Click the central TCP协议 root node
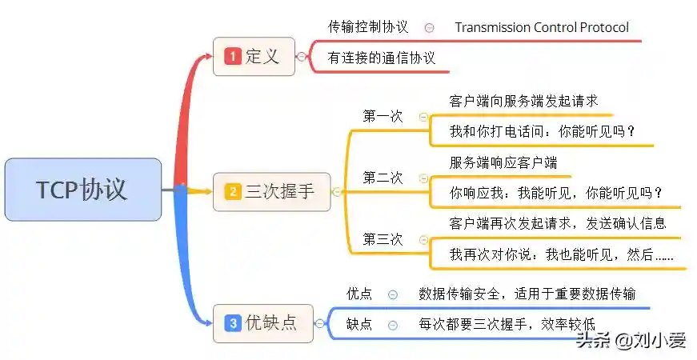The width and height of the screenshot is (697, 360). click(82, 190)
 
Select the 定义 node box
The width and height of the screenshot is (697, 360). click(254, 57)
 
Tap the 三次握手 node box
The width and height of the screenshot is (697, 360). click(271, 191)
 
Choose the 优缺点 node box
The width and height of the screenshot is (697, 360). click(262, 323)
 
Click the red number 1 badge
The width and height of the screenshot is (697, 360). click(233, 57)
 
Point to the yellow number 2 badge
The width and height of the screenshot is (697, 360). click(233, 191)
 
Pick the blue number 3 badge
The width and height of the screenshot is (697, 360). click(233, 323)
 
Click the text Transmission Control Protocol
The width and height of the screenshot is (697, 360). click(542, 27)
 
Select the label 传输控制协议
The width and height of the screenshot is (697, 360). click(368, 27)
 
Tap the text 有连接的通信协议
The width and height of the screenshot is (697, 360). click(382, 58)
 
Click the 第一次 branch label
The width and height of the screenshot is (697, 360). click(383, 116)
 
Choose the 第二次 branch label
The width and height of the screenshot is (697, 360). click(383, 178)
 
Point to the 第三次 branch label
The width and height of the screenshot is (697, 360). click(383, 239)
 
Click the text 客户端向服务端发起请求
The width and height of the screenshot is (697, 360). click(523, 102)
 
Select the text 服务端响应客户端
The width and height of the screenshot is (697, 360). click(503, 162)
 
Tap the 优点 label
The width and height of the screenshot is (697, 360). click(359, 294)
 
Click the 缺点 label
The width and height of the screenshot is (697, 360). click(359, 324)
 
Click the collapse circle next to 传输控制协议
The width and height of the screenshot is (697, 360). click(429, 27)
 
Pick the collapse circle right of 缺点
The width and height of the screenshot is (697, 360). click(392, 325)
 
